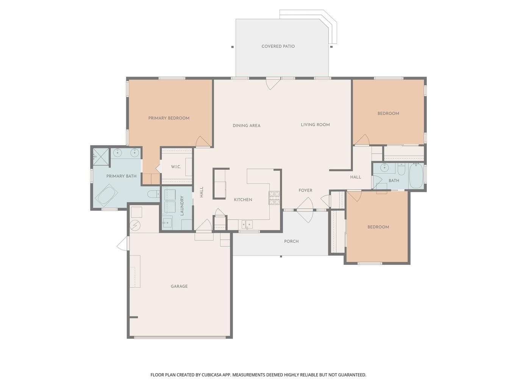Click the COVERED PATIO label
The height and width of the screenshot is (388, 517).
(278, 46)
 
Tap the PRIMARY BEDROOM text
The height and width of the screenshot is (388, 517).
(169, 118)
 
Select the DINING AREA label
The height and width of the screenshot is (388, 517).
(246, 125)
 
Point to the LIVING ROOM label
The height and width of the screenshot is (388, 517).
(315, 125)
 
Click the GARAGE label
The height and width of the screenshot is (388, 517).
(179, 286)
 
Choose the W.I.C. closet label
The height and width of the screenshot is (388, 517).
(176, 167)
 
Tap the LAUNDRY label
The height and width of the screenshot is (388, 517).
(181, 205)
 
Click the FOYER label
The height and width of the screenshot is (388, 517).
(305, 190)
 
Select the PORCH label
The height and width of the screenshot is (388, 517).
(291, 241)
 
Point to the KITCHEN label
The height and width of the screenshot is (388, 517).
(243, 200)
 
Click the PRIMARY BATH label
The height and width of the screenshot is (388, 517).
(121, 176)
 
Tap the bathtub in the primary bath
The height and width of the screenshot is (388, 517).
(108, 195)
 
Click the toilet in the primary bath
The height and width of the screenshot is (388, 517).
(153, 194)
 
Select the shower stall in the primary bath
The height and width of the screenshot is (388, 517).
(101, 156)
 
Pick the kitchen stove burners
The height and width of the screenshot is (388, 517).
(274, 198)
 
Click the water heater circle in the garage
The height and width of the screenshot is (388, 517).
(135, 226)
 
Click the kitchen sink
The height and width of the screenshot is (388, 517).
(247, 224)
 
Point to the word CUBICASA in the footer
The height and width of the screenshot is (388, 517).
(211, 375)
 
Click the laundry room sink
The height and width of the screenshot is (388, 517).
(167, 223)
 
